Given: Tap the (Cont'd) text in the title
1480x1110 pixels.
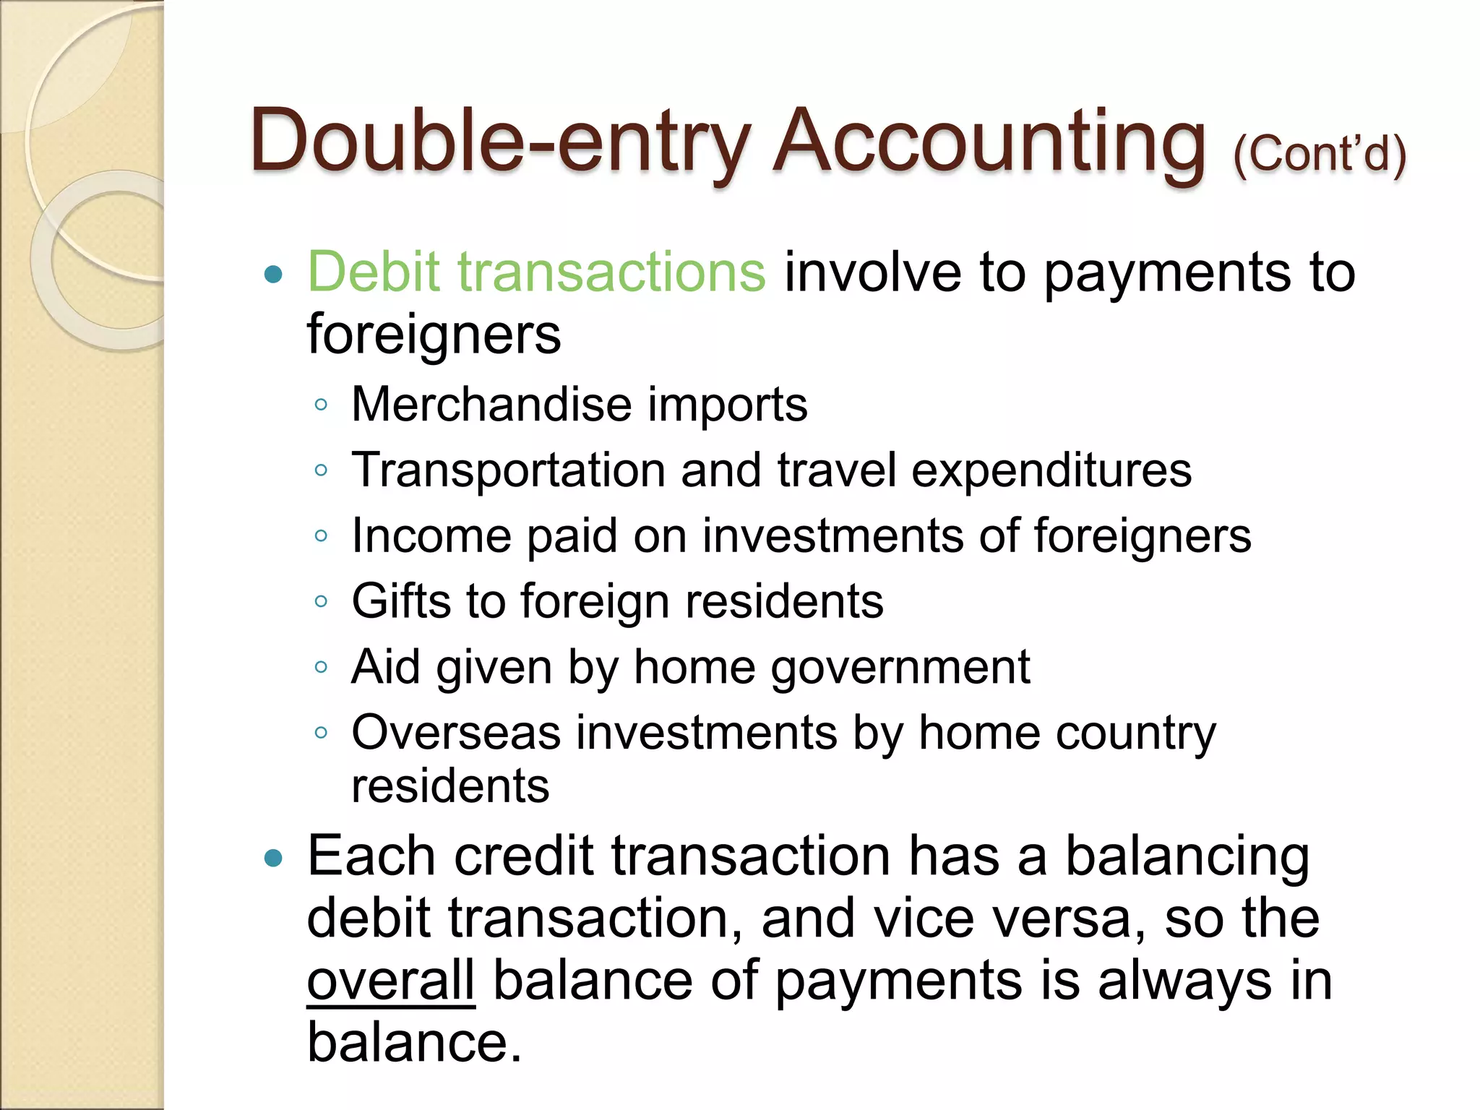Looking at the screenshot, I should pos(1320,153).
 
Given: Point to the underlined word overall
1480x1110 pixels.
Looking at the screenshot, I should pos(391,981).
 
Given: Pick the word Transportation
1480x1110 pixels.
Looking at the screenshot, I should pos(507,470).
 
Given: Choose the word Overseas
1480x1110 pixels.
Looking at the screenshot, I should pos(456,732).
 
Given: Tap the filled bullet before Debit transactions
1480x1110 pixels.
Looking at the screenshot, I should pos(273,275).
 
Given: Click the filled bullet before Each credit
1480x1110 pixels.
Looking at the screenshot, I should pos(273,858).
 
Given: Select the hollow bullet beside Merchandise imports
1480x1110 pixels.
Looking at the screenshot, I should pos(322,405).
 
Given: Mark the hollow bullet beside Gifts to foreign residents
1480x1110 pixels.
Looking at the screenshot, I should pos(322,602).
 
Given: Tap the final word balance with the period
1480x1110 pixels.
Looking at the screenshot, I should pos(414,1043).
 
